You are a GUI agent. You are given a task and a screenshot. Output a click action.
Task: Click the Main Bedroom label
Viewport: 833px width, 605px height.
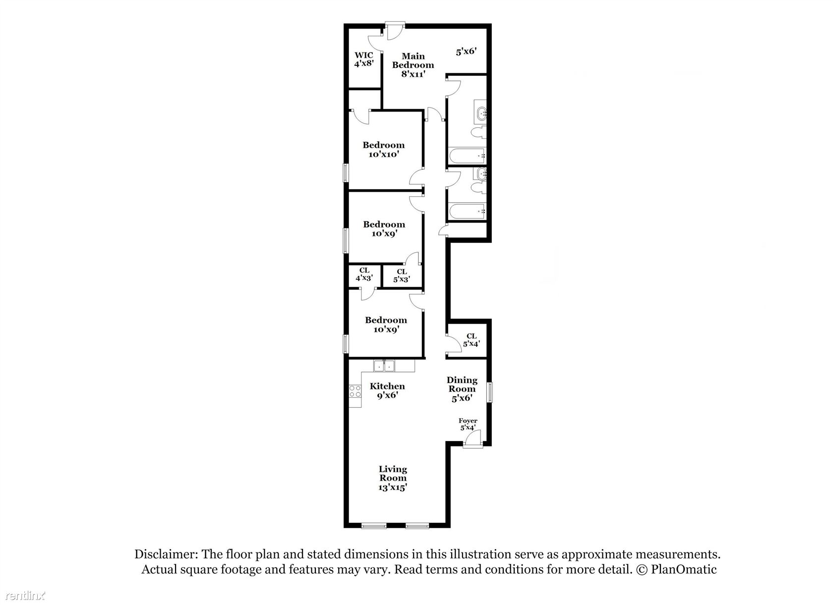click(x=413, y=65)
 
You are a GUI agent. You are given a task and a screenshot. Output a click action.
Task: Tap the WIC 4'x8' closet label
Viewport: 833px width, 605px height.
click(x=364, y=59)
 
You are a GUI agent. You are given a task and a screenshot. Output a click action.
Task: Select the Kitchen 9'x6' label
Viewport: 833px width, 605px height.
click(x=387, y=390)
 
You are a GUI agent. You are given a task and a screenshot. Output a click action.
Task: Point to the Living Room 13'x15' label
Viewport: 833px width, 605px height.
click(x=393, y=478)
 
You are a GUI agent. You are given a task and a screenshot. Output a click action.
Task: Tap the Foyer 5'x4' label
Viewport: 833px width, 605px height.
click(x=468, y=424)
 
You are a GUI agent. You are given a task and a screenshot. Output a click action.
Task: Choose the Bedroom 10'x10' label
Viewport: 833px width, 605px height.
click(x=383, y=150)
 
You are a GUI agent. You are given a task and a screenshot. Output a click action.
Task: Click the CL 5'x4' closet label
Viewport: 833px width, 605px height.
click(x=471, y=340)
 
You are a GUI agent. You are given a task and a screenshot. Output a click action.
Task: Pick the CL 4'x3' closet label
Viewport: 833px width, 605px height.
click(x=364, y=275)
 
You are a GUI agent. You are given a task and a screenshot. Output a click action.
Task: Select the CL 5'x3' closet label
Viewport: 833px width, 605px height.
click(x=402, y=275)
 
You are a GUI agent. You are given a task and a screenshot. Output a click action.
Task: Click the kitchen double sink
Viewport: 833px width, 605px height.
click(x=384, y=366)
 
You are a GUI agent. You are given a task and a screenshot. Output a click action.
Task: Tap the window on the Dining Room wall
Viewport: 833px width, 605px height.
click(x=490, y=392)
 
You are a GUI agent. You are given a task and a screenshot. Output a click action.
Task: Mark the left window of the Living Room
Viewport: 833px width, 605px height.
click(x=374, y=525)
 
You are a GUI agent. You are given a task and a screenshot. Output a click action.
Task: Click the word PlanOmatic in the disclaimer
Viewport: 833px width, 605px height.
click(x=683, y=569)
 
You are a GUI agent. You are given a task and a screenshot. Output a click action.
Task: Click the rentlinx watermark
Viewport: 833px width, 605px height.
click(x=25, y=596)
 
